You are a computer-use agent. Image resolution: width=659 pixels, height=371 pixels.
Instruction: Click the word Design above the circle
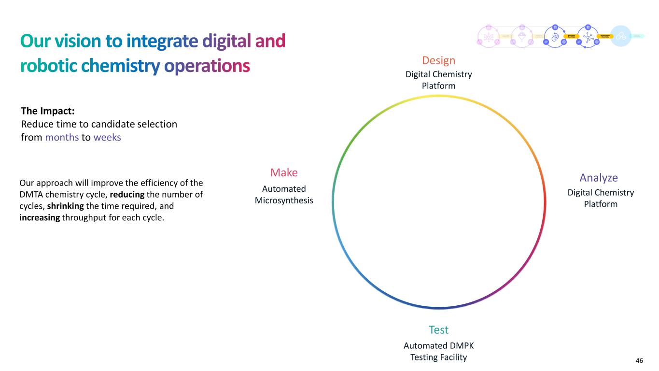pos(438,60)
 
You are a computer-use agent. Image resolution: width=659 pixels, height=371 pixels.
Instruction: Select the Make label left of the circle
pos(284,172)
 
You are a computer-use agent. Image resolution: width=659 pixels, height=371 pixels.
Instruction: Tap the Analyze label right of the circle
pos(599,177)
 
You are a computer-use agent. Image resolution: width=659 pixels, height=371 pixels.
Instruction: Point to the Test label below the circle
pos(438,330)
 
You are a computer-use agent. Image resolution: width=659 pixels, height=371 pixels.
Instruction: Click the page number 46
pos(639,361)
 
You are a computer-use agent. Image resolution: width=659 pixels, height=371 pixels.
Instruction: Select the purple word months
pos(62,137)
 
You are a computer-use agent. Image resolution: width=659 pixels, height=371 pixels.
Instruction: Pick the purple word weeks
pos(107,137)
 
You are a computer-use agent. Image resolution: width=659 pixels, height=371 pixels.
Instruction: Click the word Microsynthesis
pos(284,200)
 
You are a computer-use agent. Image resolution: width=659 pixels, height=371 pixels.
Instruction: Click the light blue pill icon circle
pos(620,36)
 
